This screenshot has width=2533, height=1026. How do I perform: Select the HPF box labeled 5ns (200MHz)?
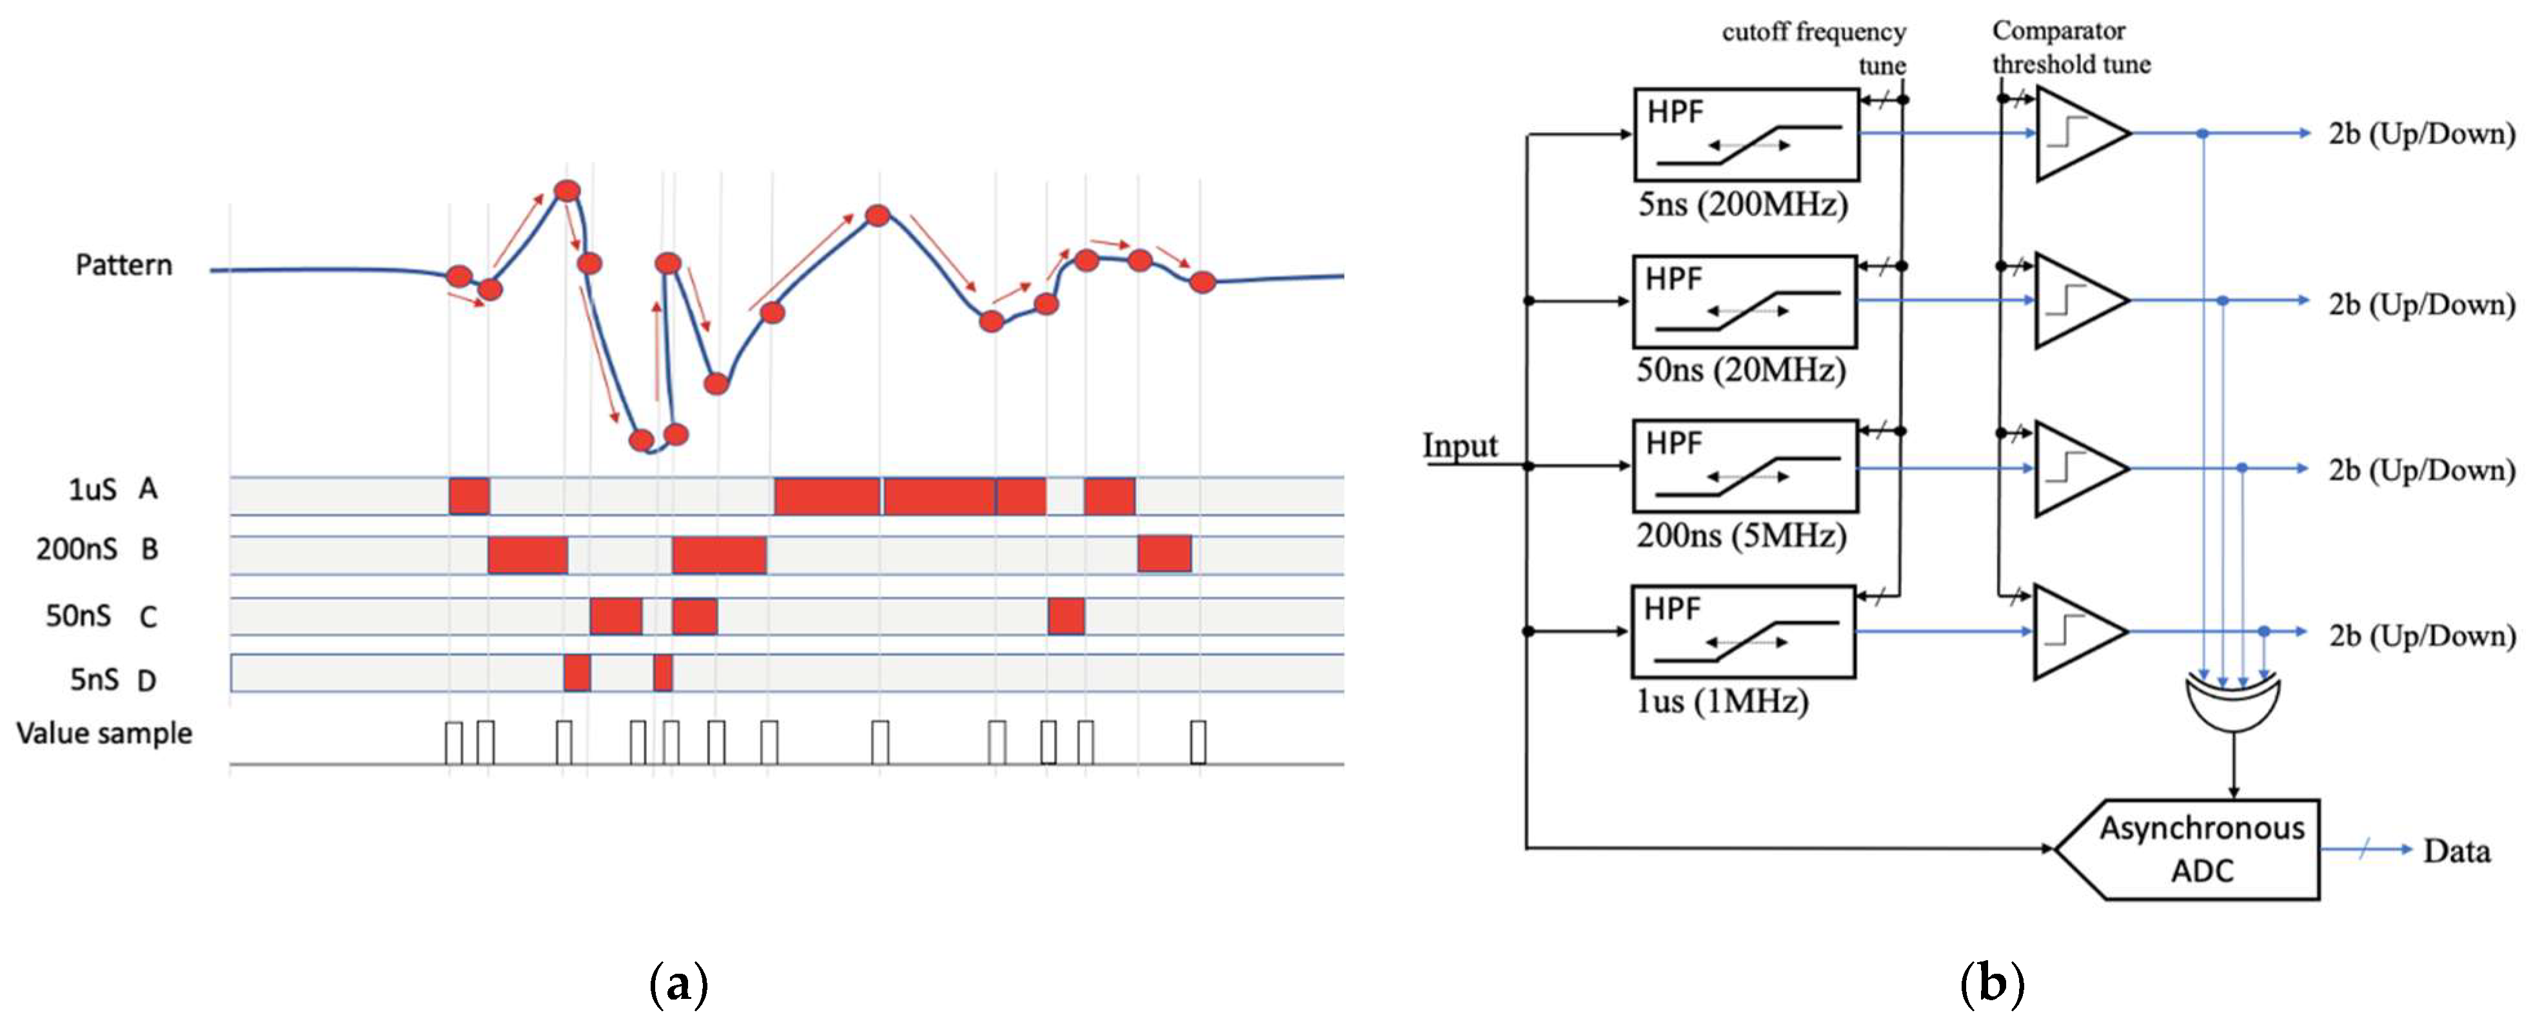click(1746, 135)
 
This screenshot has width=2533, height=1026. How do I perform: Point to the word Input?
click(1460, 446)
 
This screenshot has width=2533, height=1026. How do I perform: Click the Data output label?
click(2456, 851)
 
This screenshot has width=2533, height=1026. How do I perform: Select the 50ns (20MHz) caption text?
click(1740, 371)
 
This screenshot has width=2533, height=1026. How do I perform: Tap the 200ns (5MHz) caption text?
click(1740, 536)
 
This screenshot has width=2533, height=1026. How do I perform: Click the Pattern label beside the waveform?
click(124, 264)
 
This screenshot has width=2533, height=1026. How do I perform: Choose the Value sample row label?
click(104, 733)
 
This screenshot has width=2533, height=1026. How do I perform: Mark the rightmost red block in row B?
click(1164, 554)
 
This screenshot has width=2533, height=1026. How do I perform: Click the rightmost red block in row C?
click(1066, 617)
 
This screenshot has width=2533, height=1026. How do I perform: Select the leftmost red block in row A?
click(469, 495)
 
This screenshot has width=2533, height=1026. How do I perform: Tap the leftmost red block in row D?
click(577, 673)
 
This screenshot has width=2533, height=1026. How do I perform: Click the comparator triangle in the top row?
click(2076, 133)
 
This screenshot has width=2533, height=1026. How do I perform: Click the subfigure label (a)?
click(678, 983)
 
